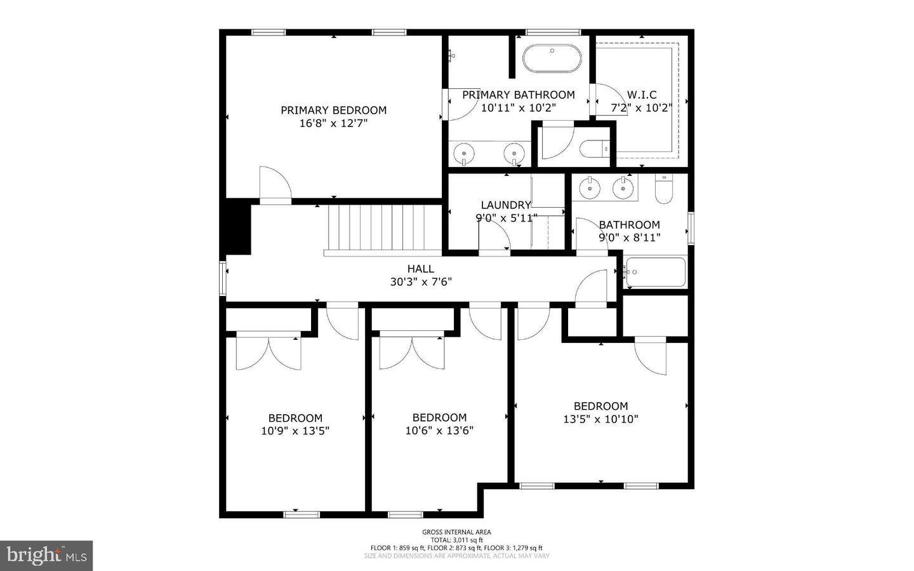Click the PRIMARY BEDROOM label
point(333,110)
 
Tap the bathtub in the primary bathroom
point(552,59)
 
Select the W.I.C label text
point(642,95)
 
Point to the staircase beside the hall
point(383,228)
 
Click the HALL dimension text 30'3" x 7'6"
point(421,281)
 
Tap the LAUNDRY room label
point(505,205)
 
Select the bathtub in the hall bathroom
point(656,272)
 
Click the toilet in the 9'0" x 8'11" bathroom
point(663,190)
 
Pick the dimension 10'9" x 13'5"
point(295,431)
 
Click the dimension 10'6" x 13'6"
point(439,430)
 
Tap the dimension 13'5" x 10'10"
point(600,419)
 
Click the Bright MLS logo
point(46,556)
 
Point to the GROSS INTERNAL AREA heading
point(456,532)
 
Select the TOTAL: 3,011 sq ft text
point(456,540)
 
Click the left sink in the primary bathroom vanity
point(465,153)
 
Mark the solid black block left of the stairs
point(237,227)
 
